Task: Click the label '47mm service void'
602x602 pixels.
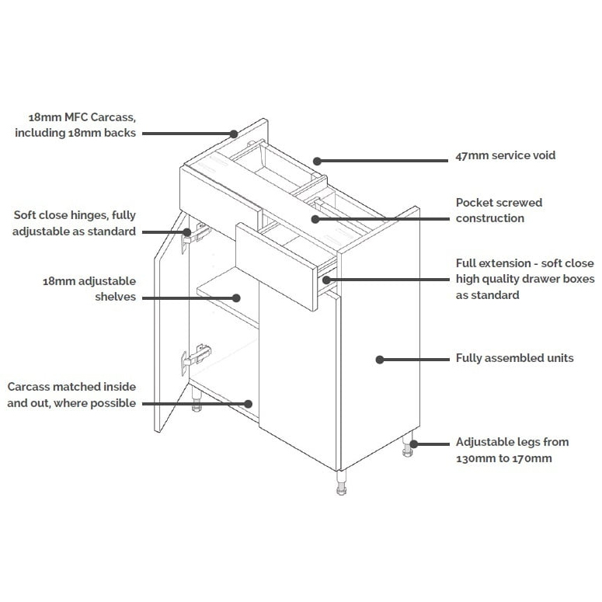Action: [x=505, y=155]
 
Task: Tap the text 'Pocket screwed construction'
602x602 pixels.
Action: [x=499, y=211]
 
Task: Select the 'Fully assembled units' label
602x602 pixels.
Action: [x=514, y=358]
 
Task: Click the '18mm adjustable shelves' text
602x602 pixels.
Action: [x=89, y=288]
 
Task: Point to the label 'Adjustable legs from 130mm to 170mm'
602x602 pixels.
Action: [x=512, y=450]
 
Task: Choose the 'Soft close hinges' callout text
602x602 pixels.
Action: [x=75, y=224]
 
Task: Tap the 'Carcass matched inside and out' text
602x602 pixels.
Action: [x=71, y=395]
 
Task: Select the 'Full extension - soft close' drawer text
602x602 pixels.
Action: [x=524, y=279]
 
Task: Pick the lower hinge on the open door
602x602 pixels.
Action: [x=197, y=357]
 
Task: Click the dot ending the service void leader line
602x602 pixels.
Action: [x=317, y=161]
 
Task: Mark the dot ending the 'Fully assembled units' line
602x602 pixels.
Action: [x=380, y=359]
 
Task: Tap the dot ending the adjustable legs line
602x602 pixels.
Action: [x=414, y=444]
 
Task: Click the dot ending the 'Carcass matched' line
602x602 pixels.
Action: [x=249, y=403]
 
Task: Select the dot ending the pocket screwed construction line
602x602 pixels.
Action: [x=315, y=219]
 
